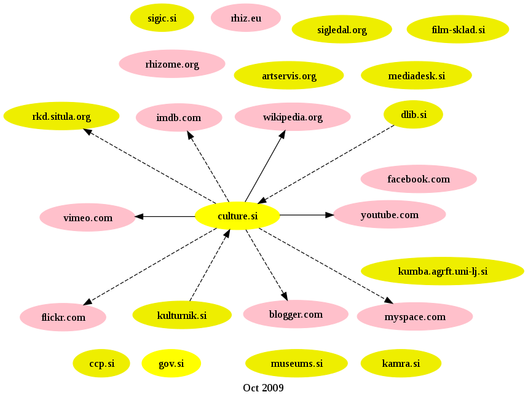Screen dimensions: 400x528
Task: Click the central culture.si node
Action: tap(237, 216)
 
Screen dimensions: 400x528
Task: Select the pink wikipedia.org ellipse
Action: tap(293, 117)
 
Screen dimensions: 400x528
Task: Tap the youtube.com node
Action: tap(389, 214)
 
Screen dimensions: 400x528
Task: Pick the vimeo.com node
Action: tap(88, 218)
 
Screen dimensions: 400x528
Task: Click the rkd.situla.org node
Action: tap(61, 116)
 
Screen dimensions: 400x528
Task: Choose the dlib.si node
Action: tap(413, 114)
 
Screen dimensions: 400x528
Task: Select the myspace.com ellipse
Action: tap(414, 317)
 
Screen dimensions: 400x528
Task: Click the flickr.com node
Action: tap(63, 318)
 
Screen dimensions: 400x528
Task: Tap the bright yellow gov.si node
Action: tap(171, 364)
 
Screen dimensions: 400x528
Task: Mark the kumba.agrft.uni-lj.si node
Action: tap(442, 271)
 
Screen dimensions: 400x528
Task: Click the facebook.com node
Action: tap(419, 179)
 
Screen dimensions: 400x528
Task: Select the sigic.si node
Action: tap(162, 18)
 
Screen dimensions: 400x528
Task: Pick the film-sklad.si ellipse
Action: tap(458, 29)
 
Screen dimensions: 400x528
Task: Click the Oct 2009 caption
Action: tap(263, 388)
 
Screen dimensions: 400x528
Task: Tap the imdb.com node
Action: tap(179, 117)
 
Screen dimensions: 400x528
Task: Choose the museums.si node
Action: tap(296, 364)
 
